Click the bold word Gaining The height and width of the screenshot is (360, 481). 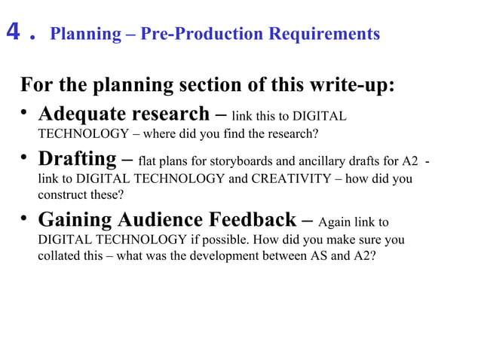[x=70, y=220]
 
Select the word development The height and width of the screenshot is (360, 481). [x=231, y=257]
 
